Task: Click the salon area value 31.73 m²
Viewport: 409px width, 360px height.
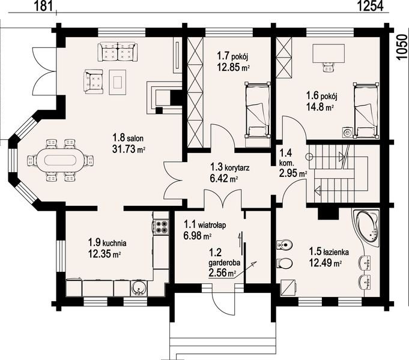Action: [129, 149]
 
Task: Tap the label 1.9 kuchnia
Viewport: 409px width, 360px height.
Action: [108, 242]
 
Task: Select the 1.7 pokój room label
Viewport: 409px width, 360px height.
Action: [232, 56]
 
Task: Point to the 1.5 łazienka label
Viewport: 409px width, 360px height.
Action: [329, 252]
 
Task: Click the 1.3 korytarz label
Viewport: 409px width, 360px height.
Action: [230, 167]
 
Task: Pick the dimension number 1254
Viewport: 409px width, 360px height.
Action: [371, 6]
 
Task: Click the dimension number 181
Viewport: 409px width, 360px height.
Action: [44, 6]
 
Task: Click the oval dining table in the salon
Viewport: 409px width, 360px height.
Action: [60, 161]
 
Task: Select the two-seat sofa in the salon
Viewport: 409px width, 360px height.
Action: [117, 52]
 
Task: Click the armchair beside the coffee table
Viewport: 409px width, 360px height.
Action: [93, 82]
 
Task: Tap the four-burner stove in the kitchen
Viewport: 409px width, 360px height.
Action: [161, 227]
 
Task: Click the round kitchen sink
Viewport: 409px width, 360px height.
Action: [138, 288]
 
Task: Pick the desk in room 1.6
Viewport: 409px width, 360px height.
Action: [329, 54]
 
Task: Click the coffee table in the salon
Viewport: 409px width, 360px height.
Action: [118, 82]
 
